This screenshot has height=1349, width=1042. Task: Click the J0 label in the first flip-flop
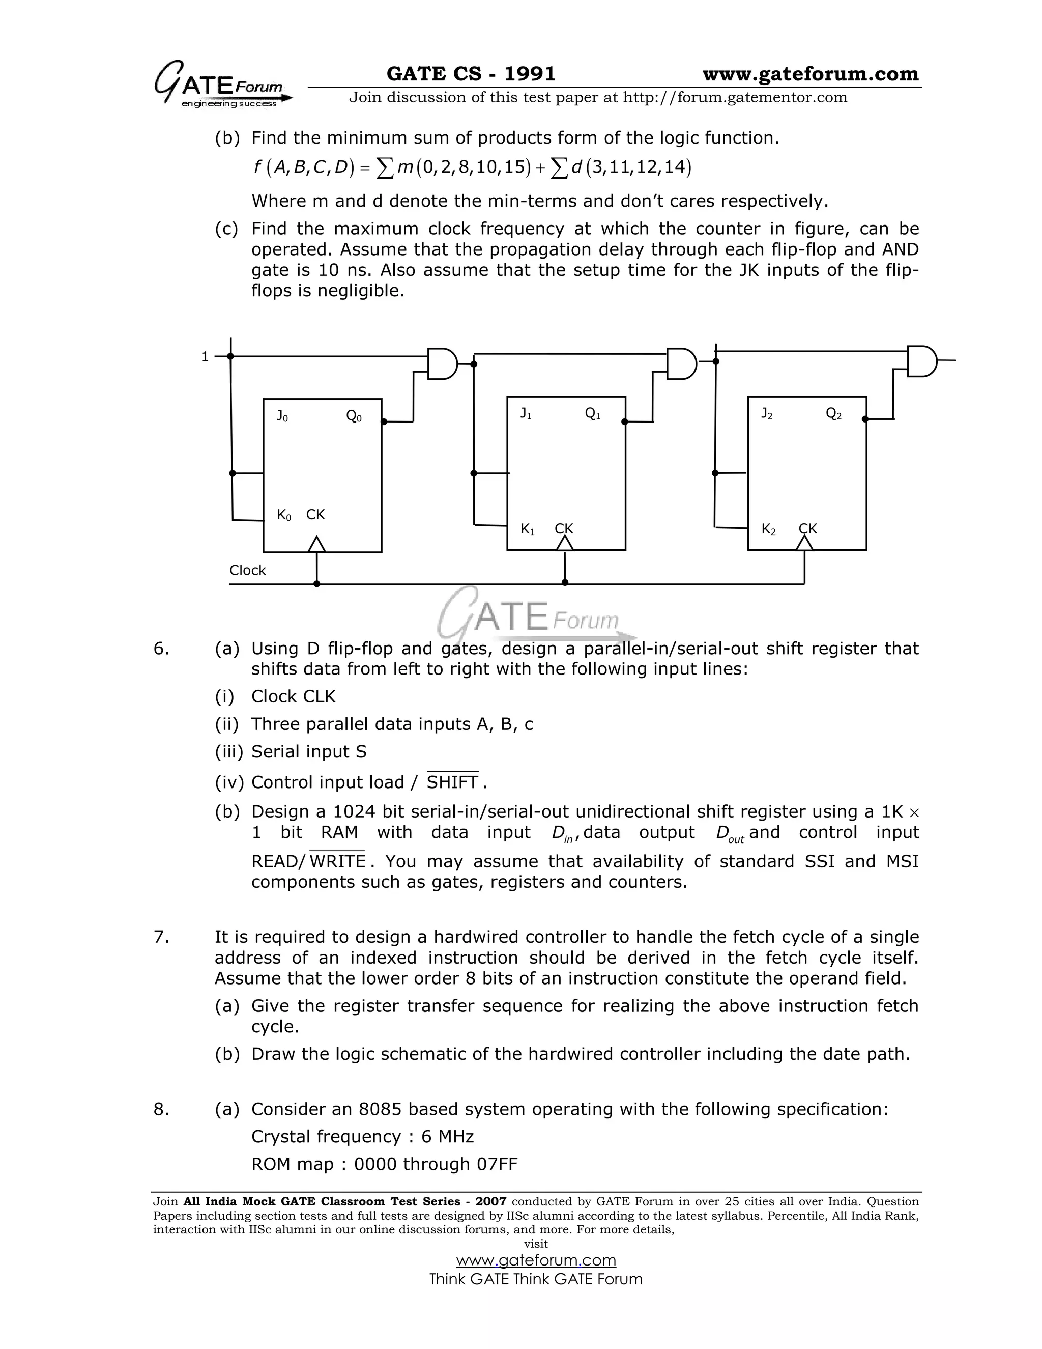(x=282, y=416)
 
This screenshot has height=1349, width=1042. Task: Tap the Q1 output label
(x=593, y=414)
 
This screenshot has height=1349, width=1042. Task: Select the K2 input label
(x=769, y=529)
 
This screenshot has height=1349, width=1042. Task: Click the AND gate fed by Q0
(x=443, y=364)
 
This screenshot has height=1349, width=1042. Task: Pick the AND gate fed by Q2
(x=921, y=361)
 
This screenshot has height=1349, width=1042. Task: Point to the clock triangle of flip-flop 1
(x=564, y=543)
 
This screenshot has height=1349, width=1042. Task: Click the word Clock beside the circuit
(x=248, y=570)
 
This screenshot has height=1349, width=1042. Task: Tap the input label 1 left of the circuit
(x=205, y=357)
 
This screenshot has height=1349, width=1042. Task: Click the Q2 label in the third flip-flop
(x=833, y=414)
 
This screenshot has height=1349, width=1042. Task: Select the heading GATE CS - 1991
(x=471, y=74)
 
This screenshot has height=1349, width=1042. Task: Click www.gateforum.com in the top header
(x=810, y=74)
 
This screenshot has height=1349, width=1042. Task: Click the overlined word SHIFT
(x=452, y=782)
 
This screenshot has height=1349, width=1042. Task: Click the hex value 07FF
(x=497, y=1164)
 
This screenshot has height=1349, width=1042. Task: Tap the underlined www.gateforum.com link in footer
(x=536, y=1260)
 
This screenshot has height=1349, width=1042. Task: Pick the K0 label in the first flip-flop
(x=284, y=515)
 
